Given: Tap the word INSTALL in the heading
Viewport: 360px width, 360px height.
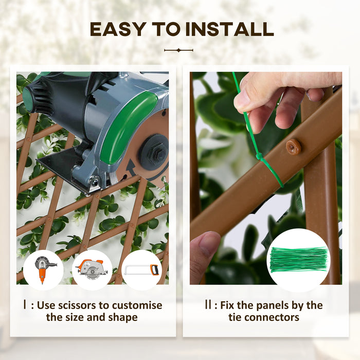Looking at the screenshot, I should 230,29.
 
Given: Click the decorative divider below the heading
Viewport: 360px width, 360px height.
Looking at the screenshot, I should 178,50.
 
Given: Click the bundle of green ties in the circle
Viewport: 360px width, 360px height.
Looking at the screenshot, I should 298,260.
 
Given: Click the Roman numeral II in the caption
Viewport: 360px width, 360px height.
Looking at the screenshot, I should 207,305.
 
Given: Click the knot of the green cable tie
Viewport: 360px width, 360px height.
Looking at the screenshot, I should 260,156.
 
